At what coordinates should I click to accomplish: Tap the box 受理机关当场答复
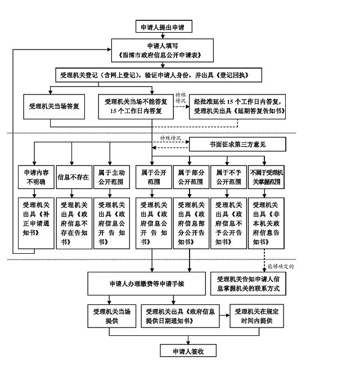coord(53,106)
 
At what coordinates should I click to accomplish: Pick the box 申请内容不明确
coord(35,177)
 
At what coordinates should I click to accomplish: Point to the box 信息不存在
coord(73,177)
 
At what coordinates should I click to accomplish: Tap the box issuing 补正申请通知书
coord(35,223)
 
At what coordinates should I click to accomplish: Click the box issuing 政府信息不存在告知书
coord(73,223)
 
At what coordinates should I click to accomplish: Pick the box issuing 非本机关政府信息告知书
coord(268,223)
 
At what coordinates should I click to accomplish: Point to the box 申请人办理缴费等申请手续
coord(147,284)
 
